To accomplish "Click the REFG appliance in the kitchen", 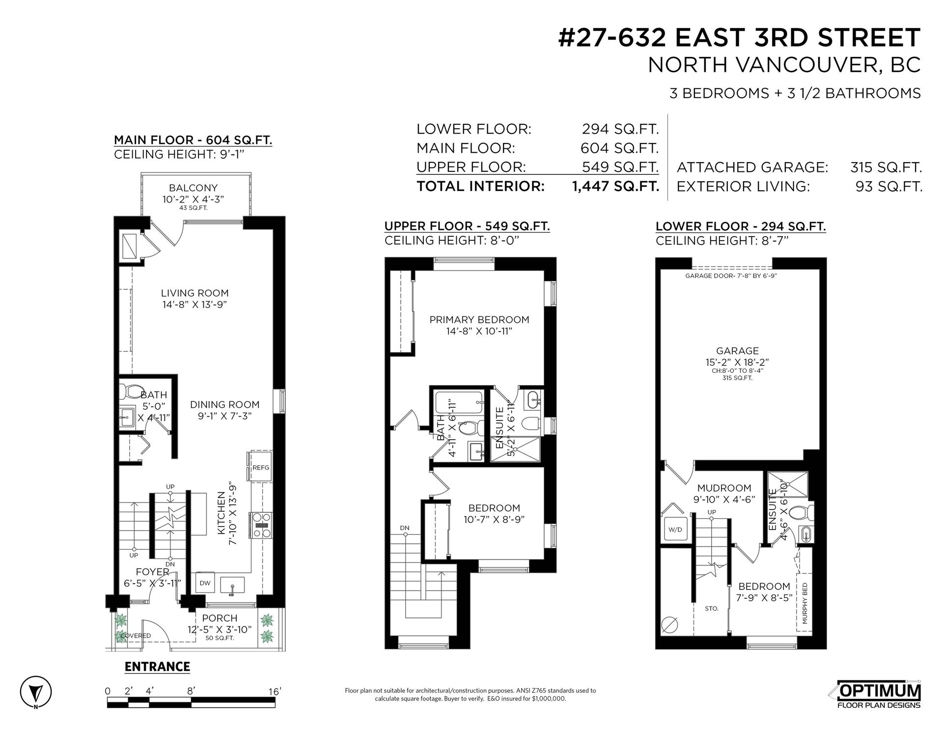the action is click(x=261, y=468).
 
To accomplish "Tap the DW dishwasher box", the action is click(x=205, y=583).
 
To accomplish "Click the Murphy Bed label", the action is click(x=804, y=603).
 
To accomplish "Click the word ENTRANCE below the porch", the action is click(x=157, y=667).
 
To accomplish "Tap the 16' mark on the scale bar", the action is click(x=275, y=692).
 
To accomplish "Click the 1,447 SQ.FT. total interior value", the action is click(x=616, y=186).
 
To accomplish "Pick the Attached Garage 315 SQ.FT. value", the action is click(x=886, y=168).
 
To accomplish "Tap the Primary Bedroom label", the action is click(x=479, y=320).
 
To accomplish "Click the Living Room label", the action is click(x=195, y=293).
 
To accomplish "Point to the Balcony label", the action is click(x=193, y=188).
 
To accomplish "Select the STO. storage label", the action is click(x=711, y=609).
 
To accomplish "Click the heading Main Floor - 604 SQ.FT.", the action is click(x=193, y=140).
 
